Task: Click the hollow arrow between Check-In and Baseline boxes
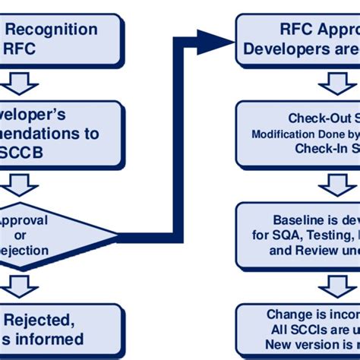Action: [334, 184]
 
